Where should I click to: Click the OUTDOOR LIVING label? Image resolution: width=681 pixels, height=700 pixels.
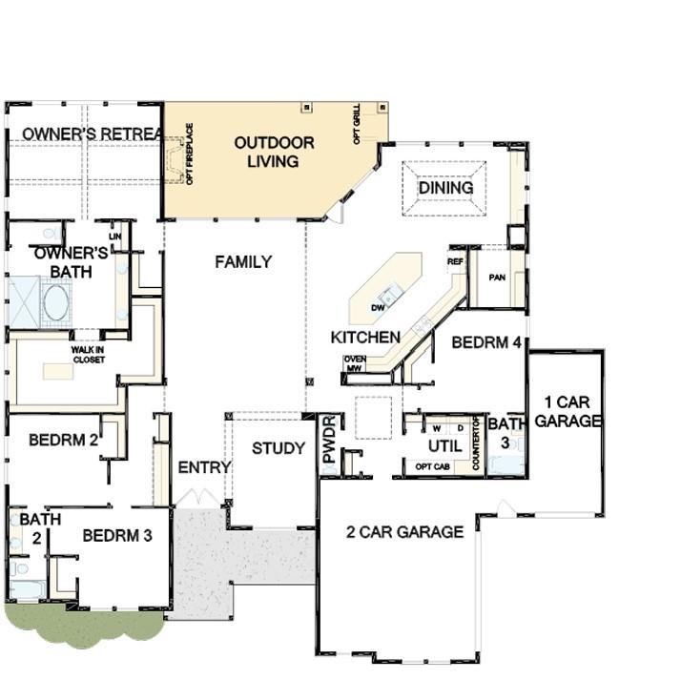click(x=274, y=152)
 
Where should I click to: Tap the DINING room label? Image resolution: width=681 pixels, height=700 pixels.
click(x=445, y=188)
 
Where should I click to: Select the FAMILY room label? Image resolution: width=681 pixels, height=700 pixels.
click(x=242, y=261)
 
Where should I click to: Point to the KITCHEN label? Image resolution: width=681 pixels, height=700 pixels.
click(x=365, y=338)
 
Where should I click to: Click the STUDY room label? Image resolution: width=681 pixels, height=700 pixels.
click(x=279, y=448)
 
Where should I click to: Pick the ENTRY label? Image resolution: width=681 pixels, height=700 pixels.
click(x=204, y=467)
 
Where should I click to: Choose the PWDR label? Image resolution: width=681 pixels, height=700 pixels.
click(x=330, y=439)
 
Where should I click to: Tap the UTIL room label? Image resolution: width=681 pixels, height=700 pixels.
click(x=444, y=445)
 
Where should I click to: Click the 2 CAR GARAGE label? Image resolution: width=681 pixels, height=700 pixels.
click(x=404, y=532)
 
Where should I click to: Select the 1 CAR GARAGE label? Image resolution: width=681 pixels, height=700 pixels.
click(x=567, y=411)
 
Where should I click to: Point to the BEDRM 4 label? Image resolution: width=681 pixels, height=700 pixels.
click(x=486, y=341)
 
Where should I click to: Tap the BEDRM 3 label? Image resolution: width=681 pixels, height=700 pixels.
click(x=117, y=536)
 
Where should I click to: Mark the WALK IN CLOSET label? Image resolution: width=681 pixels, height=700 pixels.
click(x=88, y=353)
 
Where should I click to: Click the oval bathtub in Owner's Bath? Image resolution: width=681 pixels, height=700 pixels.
click(x=55, y=302)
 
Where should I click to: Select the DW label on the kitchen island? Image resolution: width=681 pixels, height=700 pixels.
click(x=378, y=307)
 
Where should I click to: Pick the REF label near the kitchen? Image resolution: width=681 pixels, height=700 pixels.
click(x=455, y=259)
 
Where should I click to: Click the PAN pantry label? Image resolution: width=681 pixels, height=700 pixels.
click(x=496, y=277)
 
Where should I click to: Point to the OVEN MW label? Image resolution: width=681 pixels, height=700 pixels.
click(x=354, y=363)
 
